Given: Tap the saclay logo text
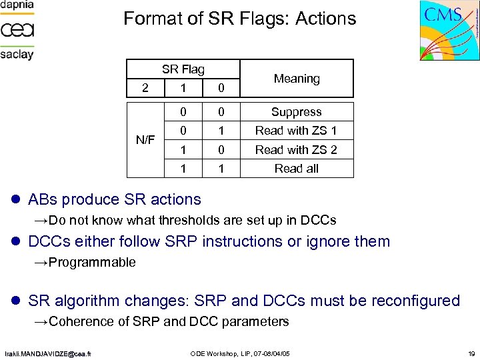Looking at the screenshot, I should click(x=17, y=54).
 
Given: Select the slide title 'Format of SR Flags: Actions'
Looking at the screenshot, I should click(x=240, y=19).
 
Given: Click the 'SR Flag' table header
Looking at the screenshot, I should click(x=183, y=69).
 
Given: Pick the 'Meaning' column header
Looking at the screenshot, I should click(x=297, y=79).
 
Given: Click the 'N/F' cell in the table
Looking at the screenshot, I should click(x=145, y=140).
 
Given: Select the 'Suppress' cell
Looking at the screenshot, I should click(x=297, y=112).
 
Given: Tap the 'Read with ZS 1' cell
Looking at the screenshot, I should click(x=297, y=131).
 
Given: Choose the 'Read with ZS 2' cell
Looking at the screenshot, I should click(x=297, y=149).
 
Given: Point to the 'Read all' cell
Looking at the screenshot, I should click(x=297, y=168).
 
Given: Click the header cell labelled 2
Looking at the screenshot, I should click(x=145, y=87).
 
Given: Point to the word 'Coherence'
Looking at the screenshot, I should click(x=83, y=321).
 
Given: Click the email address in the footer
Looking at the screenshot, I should click(x=49, y=353).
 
